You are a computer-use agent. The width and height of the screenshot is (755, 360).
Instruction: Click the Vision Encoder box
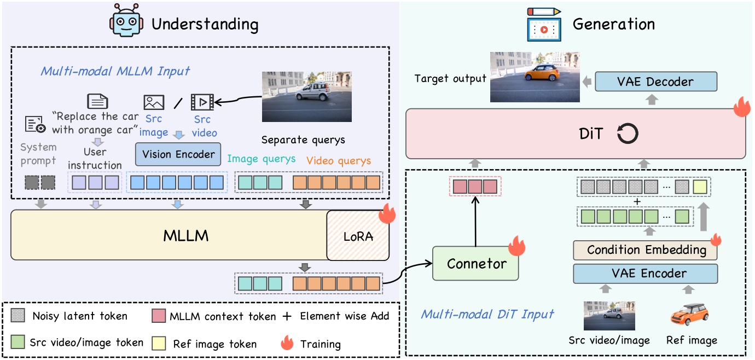178,154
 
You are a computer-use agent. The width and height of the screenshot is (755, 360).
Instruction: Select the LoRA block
358,236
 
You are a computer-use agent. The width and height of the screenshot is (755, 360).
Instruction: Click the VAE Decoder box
655,82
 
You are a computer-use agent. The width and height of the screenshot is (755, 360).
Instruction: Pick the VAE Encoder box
645,273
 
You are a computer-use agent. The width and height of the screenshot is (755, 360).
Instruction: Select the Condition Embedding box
645,250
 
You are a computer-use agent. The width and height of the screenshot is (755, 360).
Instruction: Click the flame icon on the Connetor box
515,247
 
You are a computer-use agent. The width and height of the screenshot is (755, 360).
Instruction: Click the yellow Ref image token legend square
161,343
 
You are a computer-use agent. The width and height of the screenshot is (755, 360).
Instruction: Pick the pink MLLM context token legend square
161,315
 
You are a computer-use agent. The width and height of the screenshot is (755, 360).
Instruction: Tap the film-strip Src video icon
201,102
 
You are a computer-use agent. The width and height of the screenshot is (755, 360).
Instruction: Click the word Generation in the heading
613,25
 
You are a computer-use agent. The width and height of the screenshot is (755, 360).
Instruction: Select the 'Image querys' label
261,159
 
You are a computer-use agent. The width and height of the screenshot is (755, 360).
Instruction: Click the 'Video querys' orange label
338,160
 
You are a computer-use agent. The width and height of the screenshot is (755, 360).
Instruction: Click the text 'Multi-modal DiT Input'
487,313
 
